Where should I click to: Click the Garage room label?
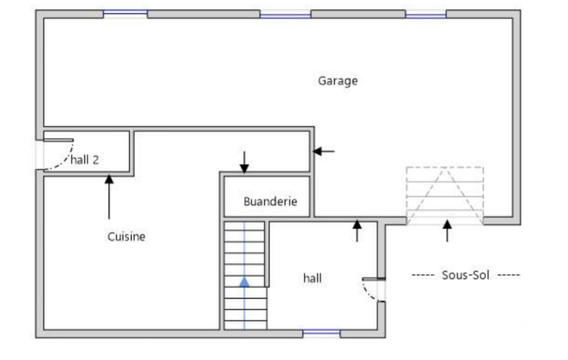tap(337, 81)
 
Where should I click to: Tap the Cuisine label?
tap(126, 237)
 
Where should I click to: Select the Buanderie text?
tap(270, 202)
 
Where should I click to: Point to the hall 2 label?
tap(84, 160)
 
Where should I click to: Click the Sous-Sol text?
tap(465, 275)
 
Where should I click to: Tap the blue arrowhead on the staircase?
tap(244, 282)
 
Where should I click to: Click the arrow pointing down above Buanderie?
tap(244, 162)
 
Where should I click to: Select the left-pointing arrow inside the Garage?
tap(324, 151)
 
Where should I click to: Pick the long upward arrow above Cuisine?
tap(109, 197)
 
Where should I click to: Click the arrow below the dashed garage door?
tap(447, 231)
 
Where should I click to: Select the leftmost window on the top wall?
tap(125, 14)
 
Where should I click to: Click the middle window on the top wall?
tap(285, 14)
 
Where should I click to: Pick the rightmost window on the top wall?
tap(426, 14)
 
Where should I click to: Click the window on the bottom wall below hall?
tap(321, 333)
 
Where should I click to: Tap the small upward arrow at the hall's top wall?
tap(357, 231)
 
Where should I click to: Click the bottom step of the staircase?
tap(245, 325)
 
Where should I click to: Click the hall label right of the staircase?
tap(312, 278)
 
